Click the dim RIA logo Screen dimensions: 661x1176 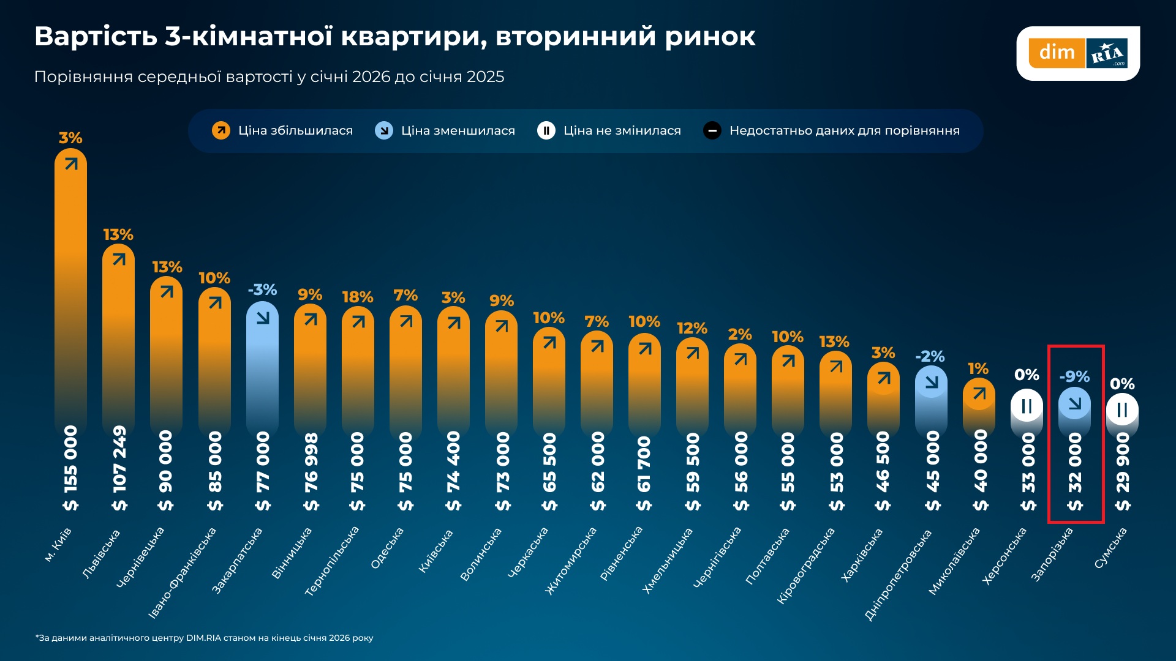(1077, 53)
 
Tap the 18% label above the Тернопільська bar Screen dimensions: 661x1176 (358, 297)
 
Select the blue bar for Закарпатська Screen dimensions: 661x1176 (262, 367)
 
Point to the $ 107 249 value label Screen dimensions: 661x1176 (119, 468)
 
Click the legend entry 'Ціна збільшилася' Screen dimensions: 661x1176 (283, 130)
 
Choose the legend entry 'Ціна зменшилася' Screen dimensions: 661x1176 (445, 130)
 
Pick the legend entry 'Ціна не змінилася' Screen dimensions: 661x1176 (609, 130)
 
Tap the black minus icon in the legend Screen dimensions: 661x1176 (712, 130)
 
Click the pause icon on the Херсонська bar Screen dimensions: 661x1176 (1027, 406)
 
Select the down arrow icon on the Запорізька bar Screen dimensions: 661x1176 (1074, 403)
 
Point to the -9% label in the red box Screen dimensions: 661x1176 (1074, 377)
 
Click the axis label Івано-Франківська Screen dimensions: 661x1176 (183, 572)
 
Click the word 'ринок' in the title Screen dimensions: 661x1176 (710, 37)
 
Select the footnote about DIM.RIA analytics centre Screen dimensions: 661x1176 (204, 638)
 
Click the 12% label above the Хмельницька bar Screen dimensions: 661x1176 (692, 329)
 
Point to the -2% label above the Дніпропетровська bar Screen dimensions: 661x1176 (930, 357)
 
